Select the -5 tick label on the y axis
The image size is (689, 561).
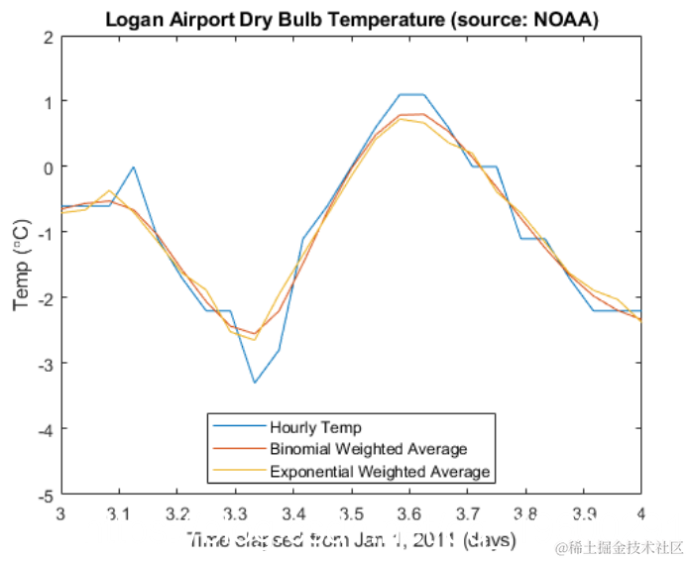coord(44,494)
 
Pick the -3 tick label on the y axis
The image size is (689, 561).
coord(44,363)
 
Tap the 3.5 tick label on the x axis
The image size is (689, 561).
coord(351,512)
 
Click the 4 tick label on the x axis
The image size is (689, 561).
coord(640,512)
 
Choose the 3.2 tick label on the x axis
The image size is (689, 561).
coord(176,512)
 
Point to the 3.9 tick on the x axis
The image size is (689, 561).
coord(583,512)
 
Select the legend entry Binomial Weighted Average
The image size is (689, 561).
coord(368,449)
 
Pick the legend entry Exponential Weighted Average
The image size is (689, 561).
coord(380,471)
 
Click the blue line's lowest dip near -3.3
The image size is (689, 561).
coord(255,382)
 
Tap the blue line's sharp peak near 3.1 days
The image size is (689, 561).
coord(133,168)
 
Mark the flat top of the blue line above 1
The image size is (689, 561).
coord(412,95)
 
